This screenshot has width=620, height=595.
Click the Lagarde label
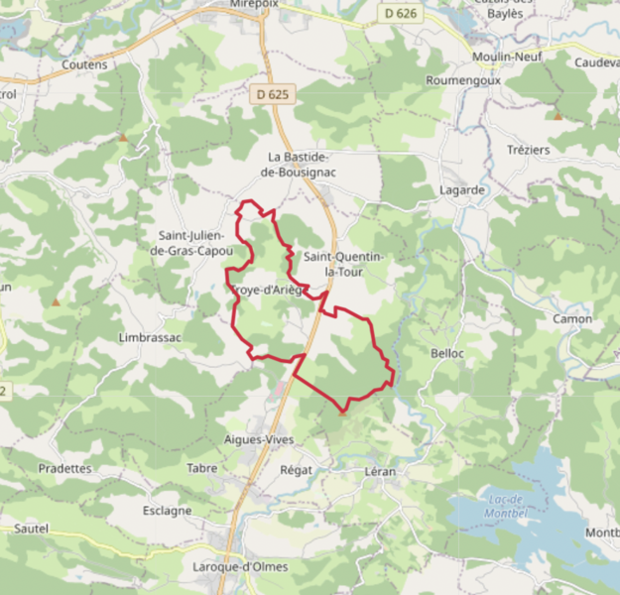[x=462, y=189]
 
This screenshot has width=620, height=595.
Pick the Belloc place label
[x=448, y=353]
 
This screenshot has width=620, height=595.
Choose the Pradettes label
[x=64, y=468]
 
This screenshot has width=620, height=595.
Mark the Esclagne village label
[x=167, y=511]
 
